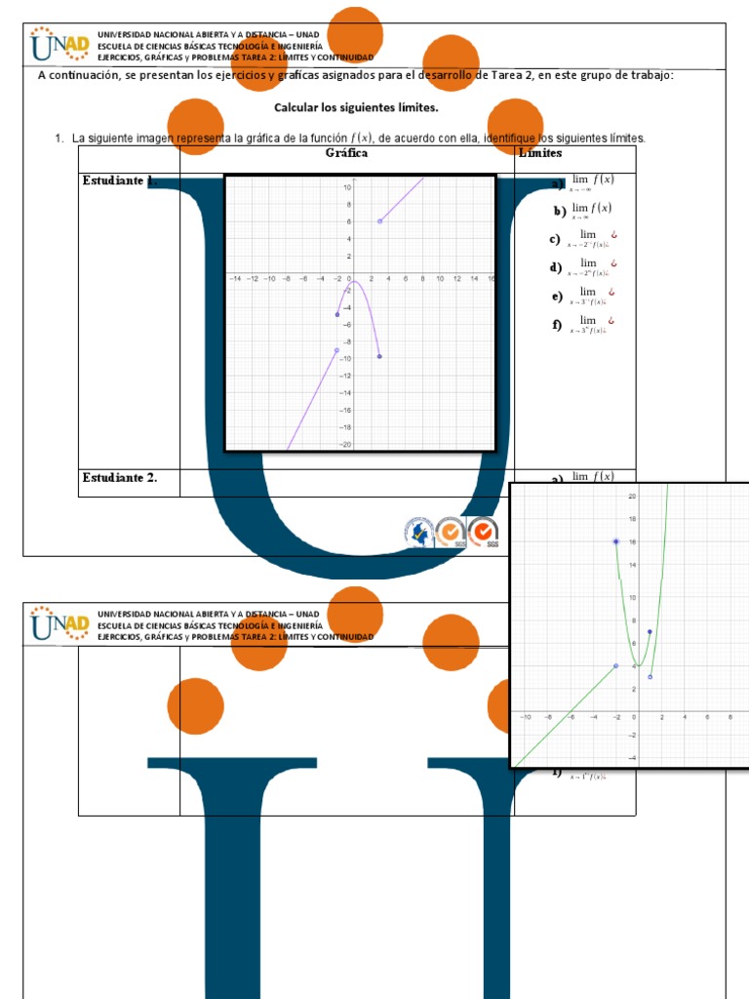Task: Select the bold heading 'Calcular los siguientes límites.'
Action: click(356, 107)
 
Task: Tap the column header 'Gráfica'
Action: click(347, 153)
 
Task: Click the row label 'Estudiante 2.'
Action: click(119, 477)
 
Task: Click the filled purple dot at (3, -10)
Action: click(378, 356)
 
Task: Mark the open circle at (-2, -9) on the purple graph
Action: click(336, 349)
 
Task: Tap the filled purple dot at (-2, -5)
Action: click(336, 314)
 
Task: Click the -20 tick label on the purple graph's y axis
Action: click(345, 444)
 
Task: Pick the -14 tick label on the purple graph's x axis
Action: click(235, 278)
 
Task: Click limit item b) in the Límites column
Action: click(583, 211)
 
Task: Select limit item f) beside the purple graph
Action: click(583, 325)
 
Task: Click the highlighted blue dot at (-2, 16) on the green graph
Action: click(616, 541)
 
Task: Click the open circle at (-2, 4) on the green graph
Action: click(616, 665)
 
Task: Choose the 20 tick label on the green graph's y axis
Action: click(632, 496)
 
